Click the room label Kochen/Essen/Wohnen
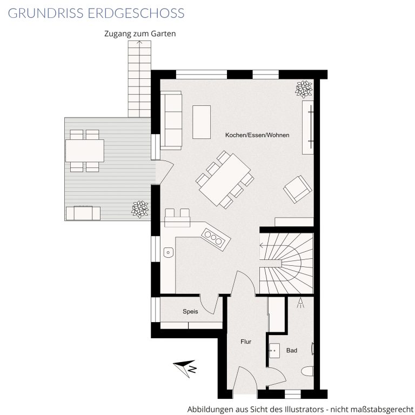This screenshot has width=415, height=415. (257, 135)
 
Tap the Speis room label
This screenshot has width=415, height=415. (190, 311)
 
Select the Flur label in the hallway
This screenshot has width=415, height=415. (246, 342)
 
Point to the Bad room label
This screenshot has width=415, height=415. (292, 350)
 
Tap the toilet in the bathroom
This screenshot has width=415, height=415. (307, 371)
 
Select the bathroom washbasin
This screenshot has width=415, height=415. (275, 351)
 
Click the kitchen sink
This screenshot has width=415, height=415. (168, 252)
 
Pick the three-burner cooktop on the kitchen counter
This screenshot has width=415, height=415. (216, 239)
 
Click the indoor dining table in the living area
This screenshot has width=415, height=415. (225, 179)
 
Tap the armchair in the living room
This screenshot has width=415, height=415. (298, 189)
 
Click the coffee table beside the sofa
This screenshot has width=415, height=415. (202, 122)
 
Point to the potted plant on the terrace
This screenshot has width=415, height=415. (140, 209)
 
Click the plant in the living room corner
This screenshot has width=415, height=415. (304, 89)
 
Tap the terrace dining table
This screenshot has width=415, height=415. (85, 151)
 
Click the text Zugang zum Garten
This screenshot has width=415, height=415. (140, 34)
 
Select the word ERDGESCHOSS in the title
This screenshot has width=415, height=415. (136, 13)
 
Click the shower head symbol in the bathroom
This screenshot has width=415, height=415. (300, 303)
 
